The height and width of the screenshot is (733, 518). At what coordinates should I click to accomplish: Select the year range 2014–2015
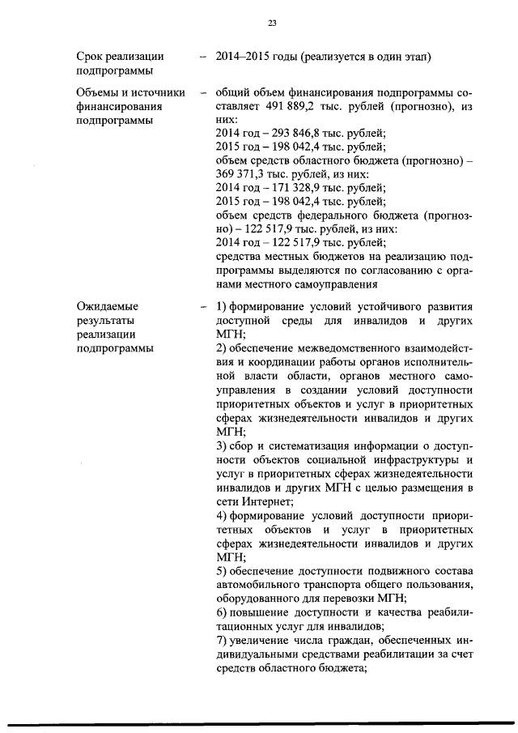(x=247, y=56)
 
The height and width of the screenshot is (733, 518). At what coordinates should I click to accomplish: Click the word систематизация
(x=308, y=445)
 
